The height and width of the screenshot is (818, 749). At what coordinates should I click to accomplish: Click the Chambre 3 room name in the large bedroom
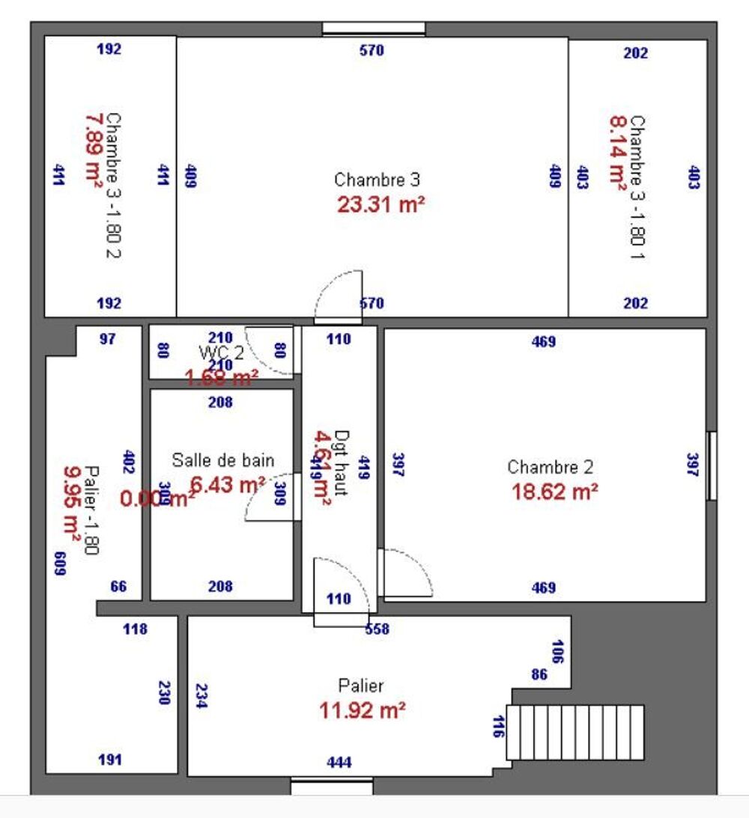coord(377,180)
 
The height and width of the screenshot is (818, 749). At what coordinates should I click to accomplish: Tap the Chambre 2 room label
coord(551,468)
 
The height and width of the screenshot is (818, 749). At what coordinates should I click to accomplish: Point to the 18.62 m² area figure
coord(554,492)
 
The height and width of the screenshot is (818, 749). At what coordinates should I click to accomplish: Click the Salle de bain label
coord(223,460)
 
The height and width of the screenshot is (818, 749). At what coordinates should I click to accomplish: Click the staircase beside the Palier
coord(575,732)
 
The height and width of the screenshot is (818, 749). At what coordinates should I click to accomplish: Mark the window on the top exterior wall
coord(374,29)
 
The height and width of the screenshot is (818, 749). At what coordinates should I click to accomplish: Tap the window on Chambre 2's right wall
coord(712,466)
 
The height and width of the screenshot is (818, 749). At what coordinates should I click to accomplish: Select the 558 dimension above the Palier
coord(377,629)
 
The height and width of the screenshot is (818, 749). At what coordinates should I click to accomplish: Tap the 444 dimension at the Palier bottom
coord(339,763)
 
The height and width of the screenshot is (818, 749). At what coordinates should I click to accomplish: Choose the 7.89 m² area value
coord(94,150)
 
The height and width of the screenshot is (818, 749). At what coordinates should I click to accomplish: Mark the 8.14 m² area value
coord(617,153)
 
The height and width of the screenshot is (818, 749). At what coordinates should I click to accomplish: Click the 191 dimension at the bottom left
coord(110,760)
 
